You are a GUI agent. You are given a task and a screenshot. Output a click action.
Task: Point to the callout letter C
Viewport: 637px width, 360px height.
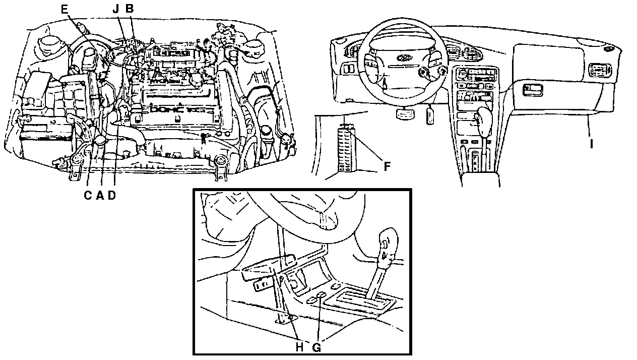pos(88,196)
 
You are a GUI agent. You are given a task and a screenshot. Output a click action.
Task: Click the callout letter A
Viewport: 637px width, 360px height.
pos(100,196)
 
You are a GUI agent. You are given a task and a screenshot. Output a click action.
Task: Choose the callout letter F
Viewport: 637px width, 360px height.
pos(387,166)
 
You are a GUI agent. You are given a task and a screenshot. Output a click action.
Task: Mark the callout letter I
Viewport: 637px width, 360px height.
pos(592,144)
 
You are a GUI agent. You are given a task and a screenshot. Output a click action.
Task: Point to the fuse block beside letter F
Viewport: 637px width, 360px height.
pos(347,149)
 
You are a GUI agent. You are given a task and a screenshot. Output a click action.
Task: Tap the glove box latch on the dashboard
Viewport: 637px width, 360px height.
pos(533,90)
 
